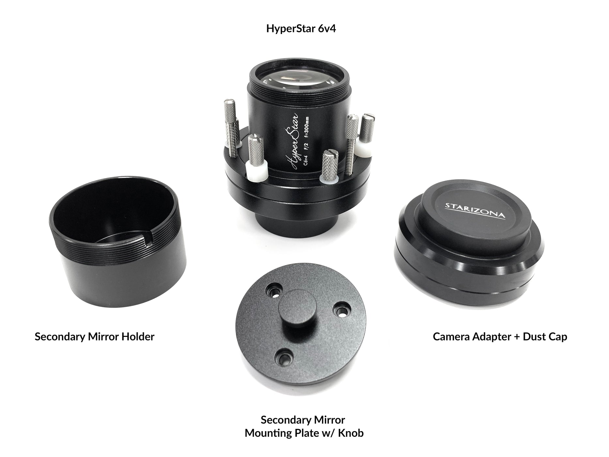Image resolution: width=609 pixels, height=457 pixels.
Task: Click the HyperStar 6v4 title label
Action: click(301, 29)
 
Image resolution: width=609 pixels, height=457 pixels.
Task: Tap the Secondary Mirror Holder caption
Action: click(94, 337)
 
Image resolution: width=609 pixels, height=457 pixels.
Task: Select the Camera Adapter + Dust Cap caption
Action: click(500, 337)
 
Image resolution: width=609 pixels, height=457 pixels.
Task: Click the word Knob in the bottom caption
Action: click(351, 433)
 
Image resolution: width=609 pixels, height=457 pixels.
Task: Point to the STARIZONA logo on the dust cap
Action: click(475, 211)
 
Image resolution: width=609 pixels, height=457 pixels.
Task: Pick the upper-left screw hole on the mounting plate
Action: click(272, 290)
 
